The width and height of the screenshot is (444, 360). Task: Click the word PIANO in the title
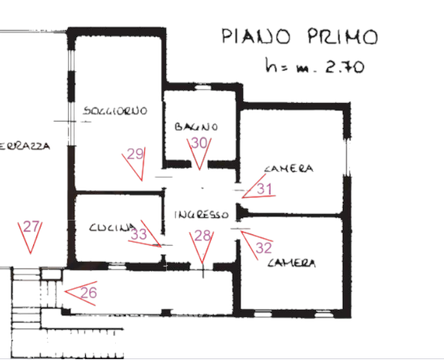tap(257, 37)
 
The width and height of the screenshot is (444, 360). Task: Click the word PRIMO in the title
tap(342, 36)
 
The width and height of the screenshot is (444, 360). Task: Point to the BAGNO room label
tap(195, 127)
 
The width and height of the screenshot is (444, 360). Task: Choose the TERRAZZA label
tap(25, 147)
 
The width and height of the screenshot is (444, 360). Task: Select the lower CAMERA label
tap(292, 264)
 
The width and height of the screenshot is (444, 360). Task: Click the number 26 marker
tap(88, 292)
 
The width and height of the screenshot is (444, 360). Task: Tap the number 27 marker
tap(31, 227)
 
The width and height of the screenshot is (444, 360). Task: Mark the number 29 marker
tap(135, 154)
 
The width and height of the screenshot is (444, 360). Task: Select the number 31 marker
tap(265, 189)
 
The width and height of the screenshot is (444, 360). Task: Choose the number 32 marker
tap(263, 248)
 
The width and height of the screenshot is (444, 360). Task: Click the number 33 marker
tap(139, 235)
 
